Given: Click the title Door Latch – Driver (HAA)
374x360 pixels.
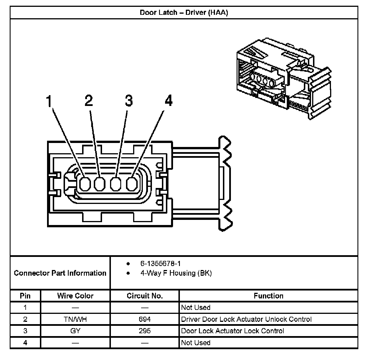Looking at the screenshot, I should pos(184,13).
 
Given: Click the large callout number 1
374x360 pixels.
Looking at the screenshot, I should pos(50,101).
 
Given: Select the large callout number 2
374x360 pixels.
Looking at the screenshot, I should pos(89,101).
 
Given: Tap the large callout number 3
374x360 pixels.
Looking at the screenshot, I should pos(129,101).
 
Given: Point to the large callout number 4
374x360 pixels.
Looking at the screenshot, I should pos(168,101).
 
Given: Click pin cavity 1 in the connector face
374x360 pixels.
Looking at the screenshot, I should pos(84,184).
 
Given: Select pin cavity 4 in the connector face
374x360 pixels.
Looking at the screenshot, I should pos(131,184).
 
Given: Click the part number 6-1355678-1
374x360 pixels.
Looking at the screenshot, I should pos(160,263).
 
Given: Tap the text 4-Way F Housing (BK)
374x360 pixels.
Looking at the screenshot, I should pos(176,273).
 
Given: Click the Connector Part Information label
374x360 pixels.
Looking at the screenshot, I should pos(60,273).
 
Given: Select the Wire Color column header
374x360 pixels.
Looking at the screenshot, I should pos(75,296).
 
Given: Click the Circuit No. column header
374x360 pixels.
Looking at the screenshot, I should pos(145,296).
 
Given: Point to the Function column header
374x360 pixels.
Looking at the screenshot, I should pos(269,296).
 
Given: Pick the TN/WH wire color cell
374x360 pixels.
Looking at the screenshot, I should pos(75,319).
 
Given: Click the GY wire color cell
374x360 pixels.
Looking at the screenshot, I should pos(75,331).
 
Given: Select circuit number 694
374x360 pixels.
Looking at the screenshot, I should pos(145,319).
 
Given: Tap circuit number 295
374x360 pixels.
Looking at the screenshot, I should pos(145,331).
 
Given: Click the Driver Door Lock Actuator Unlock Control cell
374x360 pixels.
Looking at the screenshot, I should pos(246,319).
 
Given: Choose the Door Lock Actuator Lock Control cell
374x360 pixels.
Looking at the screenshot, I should pos(233,331).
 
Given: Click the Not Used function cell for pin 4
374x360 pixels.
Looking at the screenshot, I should pos(196,343).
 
